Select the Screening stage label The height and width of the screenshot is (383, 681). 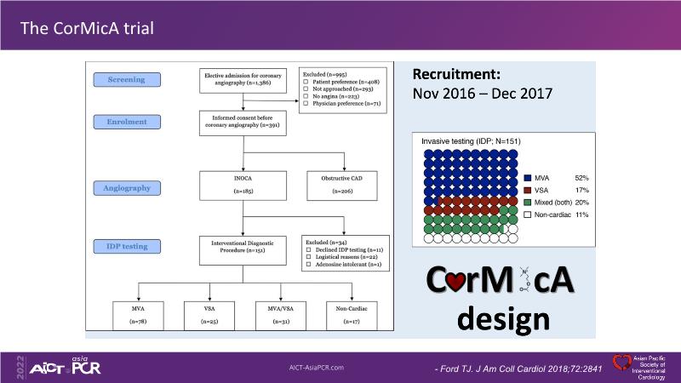point(126,80)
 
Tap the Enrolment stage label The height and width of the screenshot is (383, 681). point(126,122)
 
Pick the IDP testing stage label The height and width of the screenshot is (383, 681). point(126,246)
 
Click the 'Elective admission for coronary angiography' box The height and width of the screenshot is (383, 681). point(244,81)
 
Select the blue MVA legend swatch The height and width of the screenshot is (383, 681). point(528,177)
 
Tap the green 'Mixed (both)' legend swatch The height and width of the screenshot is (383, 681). point(528,203)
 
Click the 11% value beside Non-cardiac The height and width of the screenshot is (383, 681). point(581,215)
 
